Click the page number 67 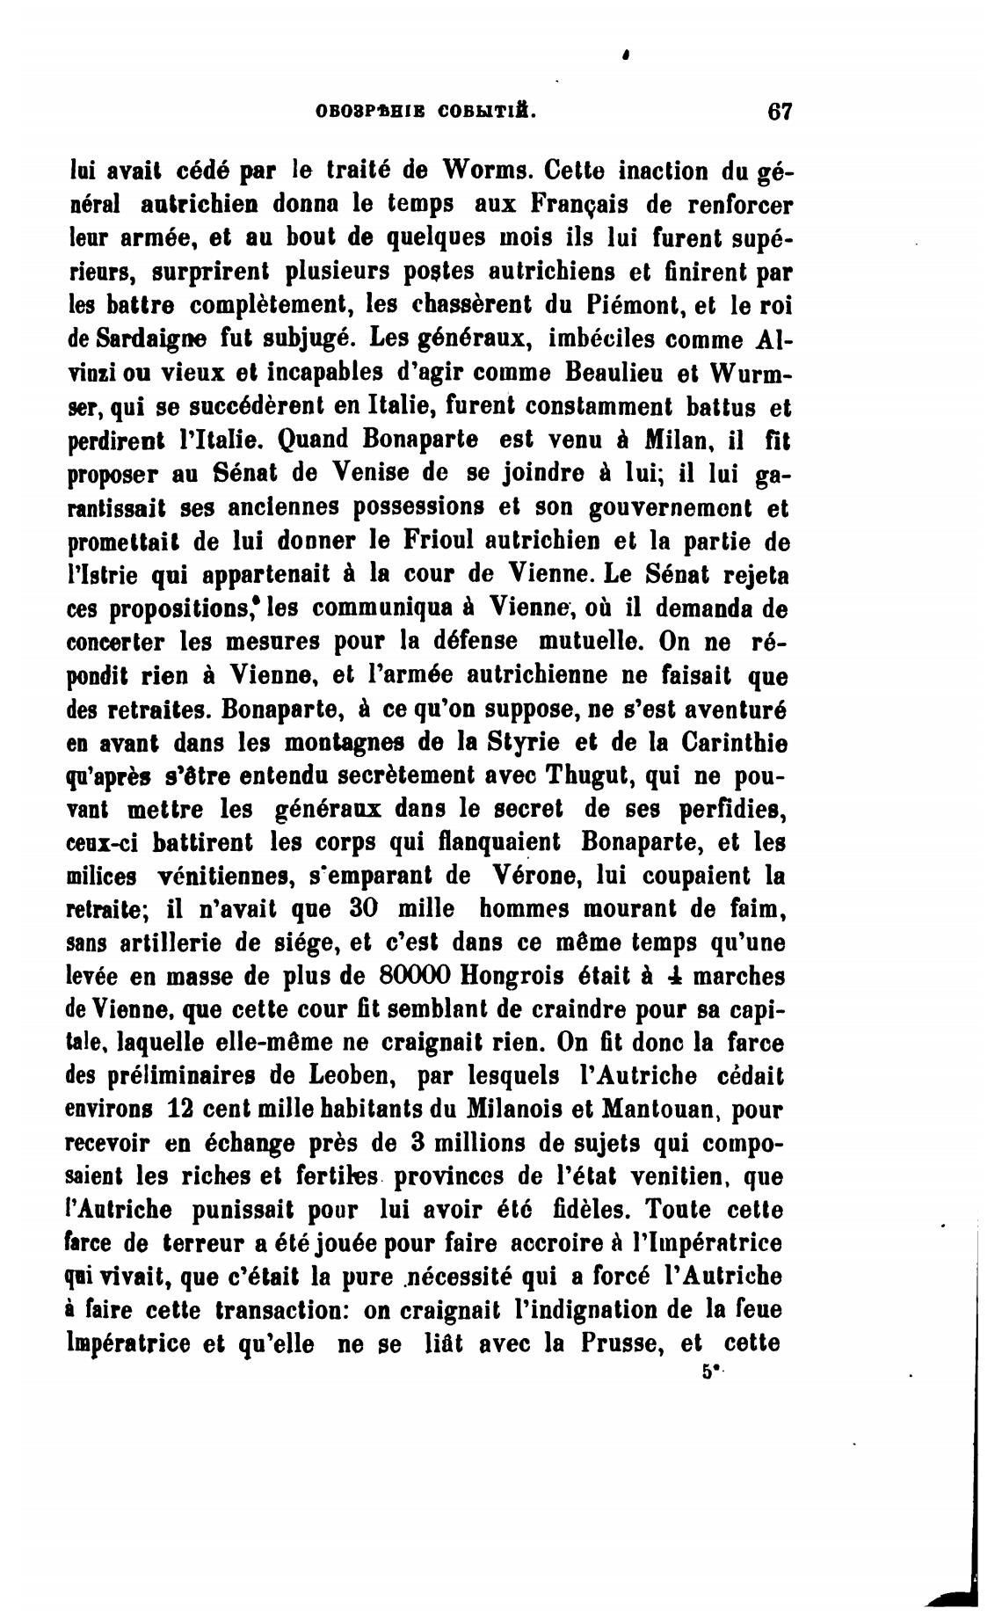pos(780,112)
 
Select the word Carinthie pos(733,742)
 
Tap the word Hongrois pos(512,977)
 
